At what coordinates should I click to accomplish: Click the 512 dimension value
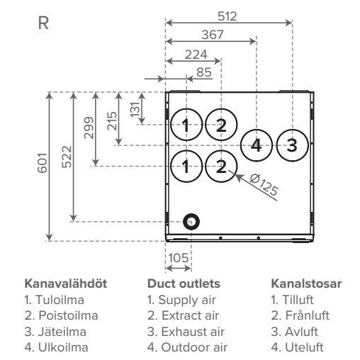click(227, 16)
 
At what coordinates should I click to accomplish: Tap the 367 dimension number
click(213, 35)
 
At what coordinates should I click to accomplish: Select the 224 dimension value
click(196, 55)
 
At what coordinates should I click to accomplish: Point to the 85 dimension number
click(204, 72)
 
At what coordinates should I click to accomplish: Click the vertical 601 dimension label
click(43, 163)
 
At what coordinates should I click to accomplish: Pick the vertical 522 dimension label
click(67, 157)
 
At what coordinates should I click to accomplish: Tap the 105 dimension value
click(179, 258)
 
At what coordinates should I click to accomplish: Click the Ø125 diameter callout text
click(264, 185)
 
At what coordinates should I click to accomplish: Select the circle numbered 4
click(257, 130)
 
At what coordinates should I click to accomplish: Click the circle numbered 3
click(292, 130)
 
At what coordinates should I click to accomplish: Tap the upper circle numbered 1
click(186, 109)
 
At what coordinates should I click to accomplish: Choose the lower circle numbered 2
click(221, 151)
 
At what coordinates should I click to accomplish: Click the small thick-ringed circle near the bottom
click(191, 215)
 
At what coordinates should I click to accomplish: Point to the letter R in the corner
click(43, 23)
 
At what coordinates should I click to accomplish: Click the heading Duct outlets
click(184, 283)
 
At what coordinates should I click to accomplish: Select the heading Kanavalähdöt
click(66, 283)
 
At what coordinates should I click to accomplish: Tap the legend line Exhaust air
click(186, 332)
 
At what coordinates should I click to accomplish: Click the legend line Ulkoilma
click(57, 347)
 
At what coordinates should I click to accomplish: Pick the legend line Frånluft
click(300, 315)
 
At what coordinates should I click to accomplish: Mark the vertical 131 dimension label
click(135, 109)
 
